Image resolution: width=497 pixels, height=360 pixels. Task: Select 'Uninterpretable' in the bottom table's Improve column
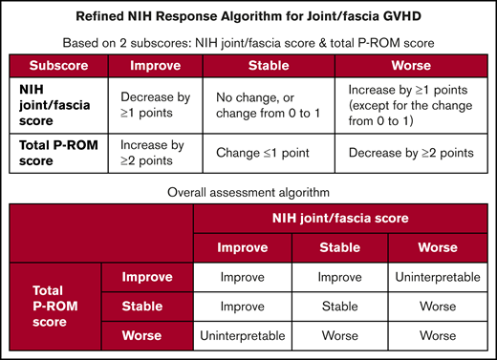(243, 335)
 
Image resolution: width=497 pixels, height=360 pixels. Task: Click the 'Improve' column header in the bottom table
(243, 248)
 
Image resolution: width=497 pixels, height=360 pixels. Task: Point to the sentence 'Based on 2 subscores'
(248, 44)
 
